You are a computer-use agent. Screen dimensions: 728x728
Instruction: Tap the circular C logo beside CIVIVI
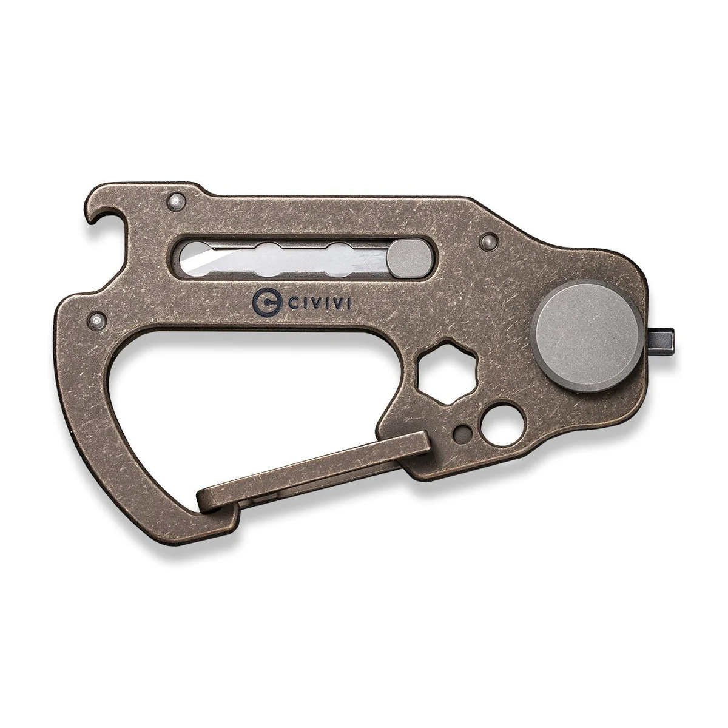(262, 299)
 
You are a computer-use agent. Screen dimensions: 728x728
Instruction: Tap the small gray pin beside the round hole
(464, 431)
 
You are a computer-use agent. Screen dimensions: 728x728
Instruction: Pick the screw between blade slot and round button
(485, 242)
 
